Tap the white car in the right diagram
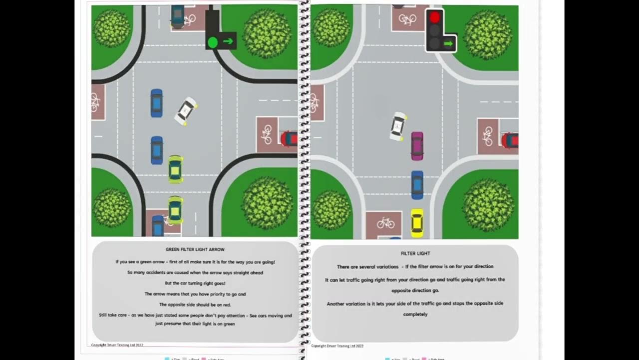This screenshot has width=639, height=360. point(398,126)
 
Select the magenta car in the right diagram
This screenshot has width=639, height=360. point(417,146)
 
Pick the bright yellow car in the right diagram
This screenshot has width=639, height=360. point(417,223)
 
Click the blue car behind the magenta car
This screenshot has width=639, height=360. point(417,185)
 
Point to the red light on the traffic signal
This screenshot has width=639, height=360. point(435,18)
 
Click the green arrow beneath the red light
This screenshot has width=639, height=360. point(448,44)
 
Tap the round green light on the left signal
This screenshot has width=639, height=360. point(213,42)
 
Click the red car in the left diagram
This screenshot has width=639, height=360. point(290,138)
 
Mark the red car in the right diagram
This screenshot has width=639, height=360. point(511,140)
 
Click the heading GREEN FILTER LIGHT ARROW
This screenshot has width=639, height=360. point(195,249)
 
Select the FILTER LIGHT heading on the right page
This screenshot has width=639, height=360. point(415,253)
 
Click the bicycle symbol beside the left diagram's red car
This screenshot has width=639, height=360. point(267,133)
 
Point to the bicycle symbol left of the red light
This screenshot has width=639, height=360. point(407,19)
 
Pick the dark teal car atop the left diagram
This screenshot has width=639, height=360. point(177,16)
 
